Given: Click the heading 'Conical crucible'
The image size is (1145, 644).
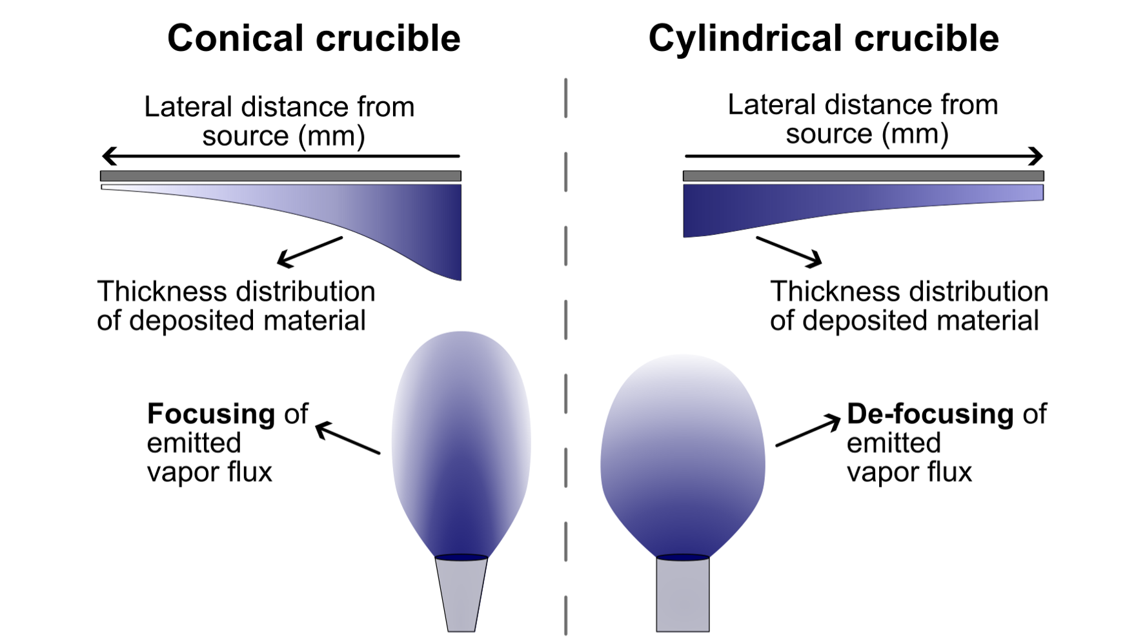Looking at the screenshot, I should coord(314,38).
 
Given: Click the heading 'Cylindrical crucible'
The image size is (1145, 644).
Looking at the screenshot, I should coord(824,38).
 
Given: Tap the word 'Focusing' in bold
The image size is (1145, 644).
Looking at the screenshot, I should coord(211,414).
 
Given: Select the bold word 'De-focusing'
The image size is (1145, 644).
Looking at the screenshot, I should coord(930,414).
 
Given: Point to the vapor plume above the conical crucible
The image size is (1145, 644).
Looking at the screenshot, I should coord(461,445).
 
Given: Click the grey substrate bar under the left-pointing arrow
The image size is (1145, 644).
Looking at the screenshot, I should coord(281,176).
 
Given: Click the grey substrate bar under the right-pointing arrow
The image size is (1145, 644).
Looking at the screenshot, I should coord(864,176).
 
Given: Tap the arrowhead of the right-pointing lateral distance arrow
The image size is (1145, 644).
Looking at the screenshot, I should coord(1037,156).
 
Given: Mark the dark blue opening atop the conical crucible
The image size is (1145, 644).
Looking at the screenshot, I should coord(461,558).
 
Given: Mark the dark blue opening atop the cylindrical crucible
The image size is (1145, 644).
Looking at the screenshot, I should coord(683,557).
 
